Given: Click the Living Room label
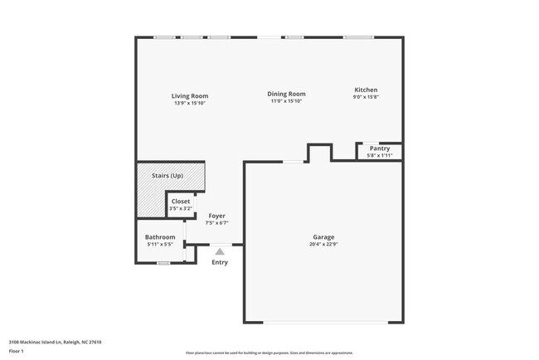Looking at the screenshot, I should [190, 96].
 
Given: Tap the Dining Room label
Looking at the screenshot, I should [287, 95].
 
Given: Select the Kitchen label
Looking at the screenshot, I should [366, 90].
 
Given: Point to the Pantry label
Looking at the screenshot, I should [380, 148].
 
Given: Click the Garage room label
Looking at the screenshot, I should [323, 237].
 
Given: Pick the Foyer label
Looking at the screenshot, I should [216, 216].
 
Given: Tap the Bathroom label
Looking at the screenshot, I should [160, 237].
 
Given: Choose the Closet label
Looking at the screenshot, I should [180, 202].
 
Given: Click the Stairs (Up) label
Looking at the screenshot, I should [168, 176].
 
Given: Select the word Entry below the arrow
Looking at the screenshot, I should [220, 263].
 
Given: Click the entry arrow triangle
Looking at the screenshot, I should [220, 251].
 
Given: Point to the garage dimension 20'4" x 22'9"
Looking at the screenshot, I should [323, 244].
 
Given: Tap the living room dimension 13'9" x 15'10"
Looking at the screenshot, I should [190, 104].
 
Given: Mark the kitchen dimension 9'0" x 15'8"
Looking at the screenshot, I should [366, 97].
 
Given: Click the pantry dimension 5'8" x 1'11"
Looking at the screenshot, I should [380, 155].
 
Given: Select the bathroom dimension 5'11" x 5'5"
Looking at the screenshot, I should [160, 245].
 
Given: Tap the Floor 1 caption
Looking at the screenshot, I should [16, 351].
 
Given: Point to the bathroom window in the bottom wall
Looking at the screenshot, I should [164, 263].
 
